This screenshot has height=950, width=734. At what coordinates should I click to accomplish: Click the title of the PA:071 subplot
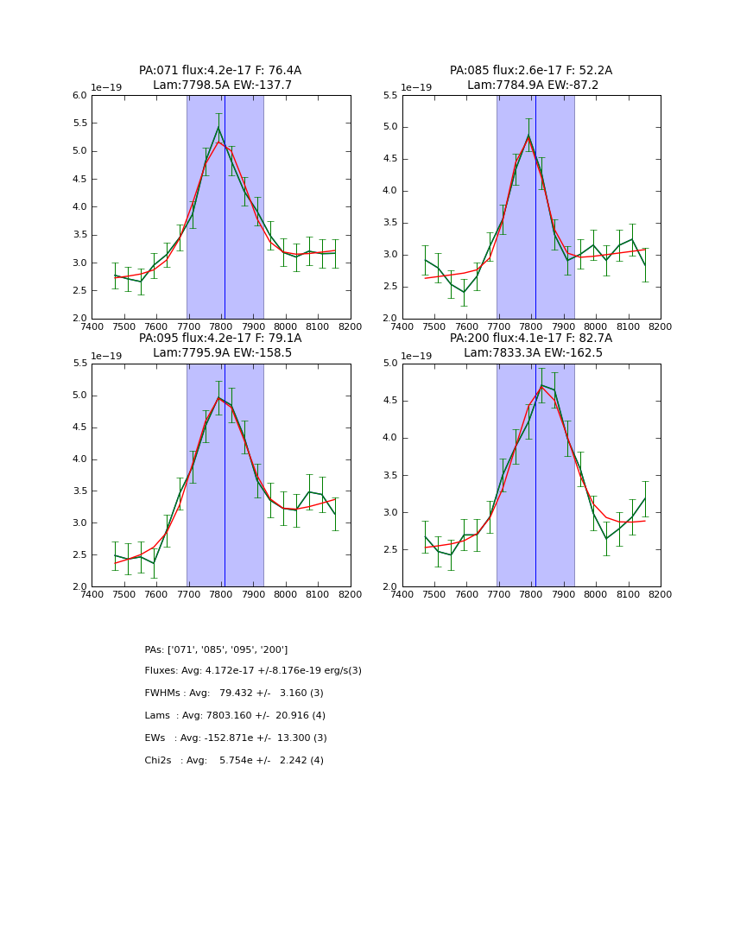click(220, 78)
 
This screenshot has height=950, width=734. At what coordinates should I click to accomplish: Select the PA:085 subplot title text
click(530, 78)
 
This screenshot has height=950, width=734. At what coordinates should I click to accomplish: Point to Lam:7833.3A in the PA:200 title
click(500, 352)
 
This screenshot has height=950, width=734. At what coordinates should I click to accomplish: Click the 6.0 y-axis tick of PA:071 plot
click(79, 96)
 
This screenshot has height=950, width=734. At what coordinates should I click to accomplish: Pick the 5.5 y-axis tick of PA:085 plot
click(389, 96)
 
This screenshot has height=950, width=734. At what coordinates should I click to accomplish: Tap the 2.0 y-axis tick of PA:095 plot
click(79, 586)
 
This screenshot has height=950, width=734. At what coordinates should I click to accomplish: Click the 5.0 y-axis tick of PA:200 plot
click(389, 364)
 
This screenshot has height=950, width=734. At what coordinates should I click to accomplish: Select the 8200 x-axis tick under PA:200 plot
click(661, 594)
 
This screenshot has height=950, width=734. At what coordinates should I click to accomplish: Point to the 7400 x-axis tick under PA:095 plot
click(92, 594)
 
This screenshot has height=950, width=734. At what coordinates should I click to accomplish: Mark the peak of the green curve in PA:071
click(218, 128)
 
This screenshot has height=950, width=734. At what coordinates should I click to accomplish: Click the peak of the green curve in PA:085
click(528, 136)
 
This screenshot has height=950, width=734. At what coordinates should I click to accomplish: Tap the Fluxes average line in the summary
click(253, 671)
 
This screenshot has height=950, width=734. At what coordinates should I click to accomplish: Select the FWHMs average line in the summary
click(234, 693)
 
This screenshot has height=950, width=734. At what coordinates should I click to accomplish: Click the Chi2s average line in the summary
click(234, 761)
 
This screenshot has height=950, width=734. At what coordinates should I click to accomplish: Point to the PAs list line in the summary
click(216, 649)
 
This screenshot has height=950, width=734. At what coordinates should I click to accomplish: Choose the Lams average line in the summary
click(235, 716)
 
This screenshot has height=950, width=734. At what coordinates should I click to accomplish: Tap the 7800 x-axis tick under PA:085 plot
click(531, 326)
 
